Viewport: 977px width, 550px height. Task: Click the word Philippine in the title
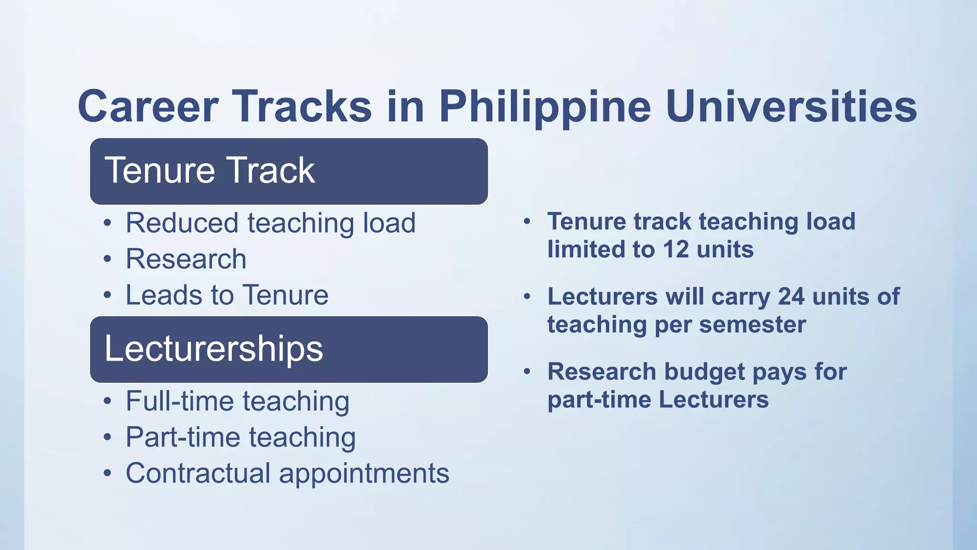545,107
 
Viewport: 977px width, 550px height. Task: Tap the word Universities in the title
791,106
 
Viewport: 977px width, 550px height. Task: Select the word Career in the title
148,107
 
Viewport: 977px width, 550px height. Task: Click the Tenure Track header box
289,171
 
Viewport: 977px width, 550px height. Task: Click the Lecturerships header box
289,349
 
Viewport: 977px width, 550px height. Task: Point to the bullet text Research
186,259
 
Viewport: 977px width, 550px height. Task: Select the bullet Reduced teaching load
270,223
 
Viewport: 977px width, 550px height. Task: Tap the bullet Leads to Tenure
227,295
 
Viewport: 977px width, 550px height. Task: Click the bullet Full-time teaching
238,401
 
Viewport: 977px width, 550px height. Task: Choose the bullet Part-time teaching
240,437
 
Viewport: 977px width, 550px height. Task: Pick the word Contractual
198,473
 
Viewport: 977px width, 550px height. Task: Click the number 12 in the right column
676,250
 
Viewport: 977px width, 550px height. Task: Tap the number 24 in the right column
791,296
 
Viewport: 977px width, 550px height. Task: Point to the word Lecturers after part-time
714,400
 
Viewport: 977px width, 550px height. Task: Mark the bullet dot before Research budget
527,371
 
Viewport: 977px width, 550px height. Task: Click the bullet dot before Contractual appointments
108,474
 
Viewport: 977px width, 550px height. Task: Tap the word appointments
364,474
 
